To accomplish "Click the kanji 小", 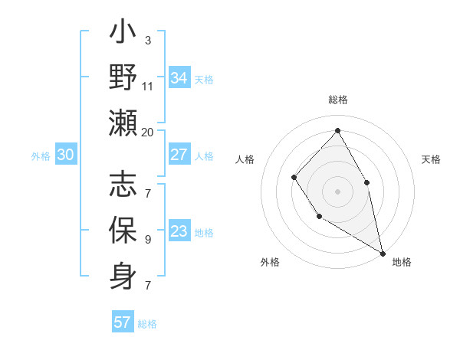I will click(x=123, y=35).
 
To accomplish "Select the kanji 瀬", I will click(x=123, y=122).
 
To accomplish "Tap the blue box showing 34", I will click(x=179, y=78).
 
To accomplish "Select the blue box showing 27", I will click(x=179, y=155).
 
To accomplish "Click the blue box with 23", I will click(x=179, y=231).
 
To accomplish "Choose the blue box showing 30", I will click(x=66, y=155).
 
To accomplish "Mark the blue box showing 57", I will click(x=123, y=322).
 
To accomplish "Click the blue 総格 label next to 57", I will click(x=147, y=323).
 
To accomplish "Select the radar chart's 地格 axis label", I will click(x=402, y=262).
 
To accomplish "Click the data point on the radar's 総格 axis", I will click(x=337, y=131).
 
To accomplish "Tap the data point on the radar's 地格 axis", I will click(x=383, y=252).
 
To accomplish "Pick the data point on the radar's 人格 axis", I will click(x=294, y=178).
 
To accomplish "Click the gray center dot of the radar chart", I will click(x=337, y=191).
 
